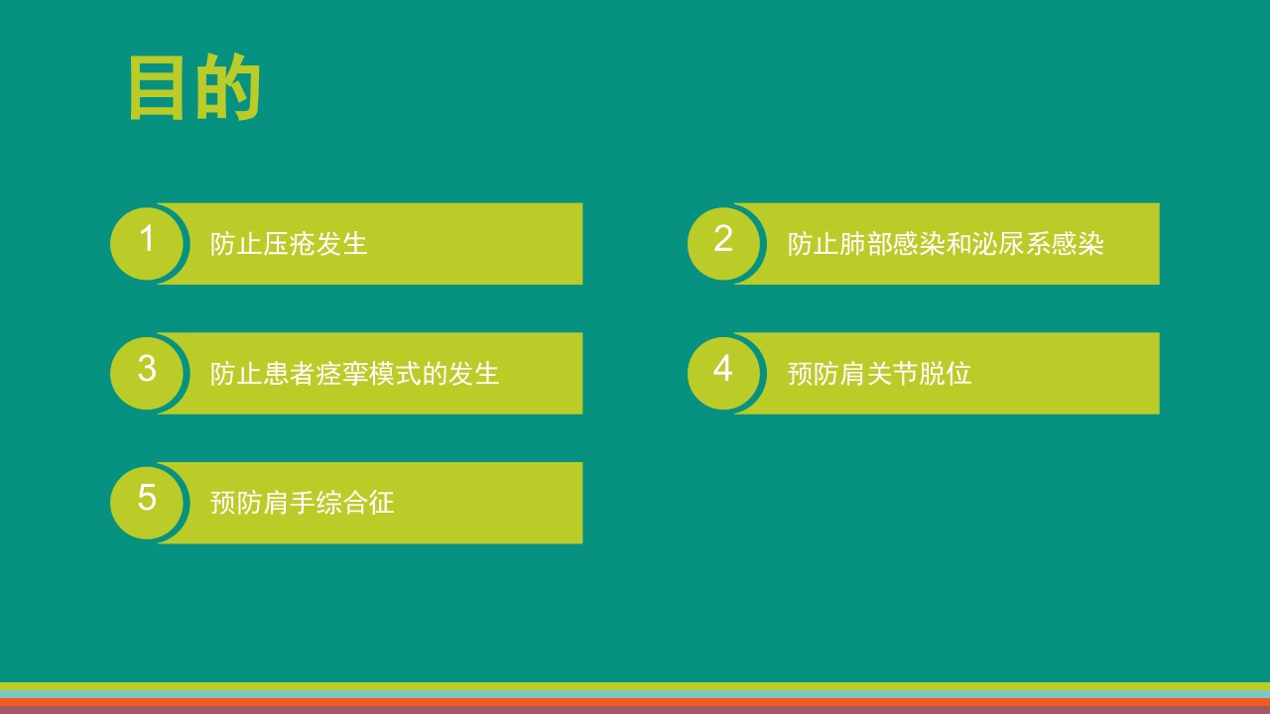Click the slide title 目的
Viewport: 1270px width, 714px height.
tap(194, 88)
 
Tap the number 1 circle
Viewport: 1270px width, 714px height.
tap(147, 241)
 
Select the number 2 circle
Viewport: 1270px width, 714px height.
tap(723, 241)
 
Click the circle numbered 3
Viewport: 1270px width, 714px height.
tap(147, 371)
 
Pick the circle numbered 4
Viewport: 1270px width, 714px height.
tap(723, 371)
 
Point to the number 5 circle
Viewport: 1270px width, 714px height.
tap(147, 500)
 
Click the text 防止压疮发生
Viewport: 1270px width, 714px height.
tap(289, 244)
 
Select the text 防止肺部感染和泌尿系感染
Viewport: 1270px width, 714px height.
tap(946, 244)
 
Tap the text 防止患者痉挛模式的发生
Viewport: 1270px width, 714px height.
tap(354, 374)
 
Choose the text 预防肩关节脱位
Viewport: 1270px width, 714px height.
tap(879, 374)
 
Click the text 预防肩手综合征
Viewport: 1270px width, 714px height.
tap(302, 503)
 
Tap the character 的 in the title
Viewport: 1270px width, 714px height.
tap(228, 88)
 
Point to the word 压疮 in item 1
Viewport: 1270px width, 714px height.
tap(289, 244)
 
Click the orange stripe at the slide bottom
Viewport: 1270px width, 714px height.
tap(635, 701)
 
